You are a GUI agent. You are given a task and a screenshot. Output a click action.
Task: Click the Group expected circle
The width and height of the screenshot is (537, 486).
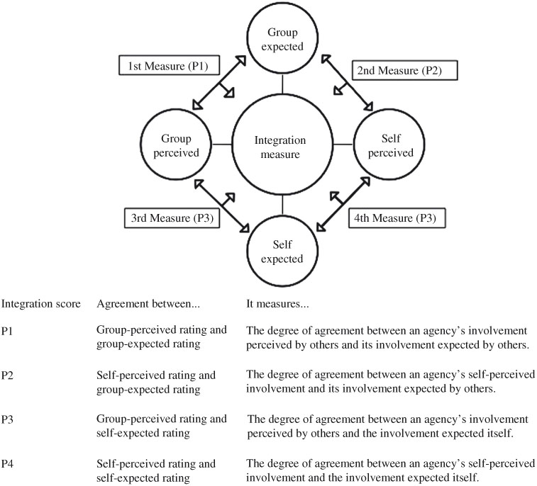pyautogui.click(x=282, y=40)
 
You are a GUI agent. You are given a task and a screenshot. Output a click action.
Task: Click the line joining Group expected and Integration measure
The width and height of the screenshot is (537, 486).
pyautogui.click(x=282, y=82)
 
